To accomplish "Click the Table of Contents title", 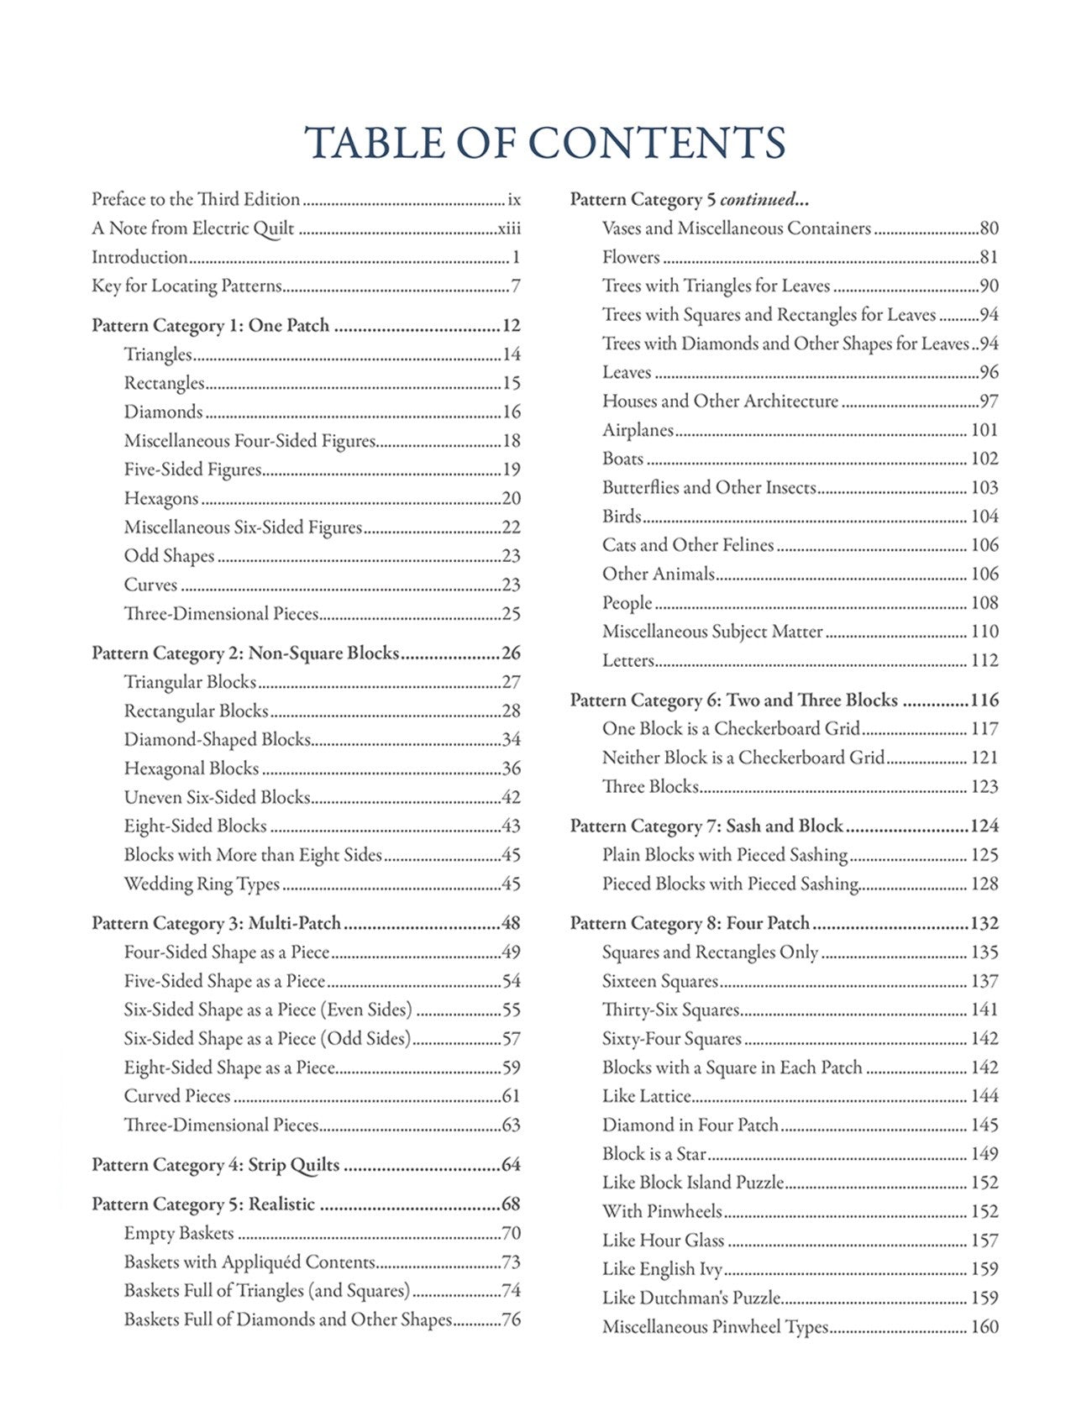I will click(545, 142).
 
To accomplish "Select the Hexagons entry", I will click(161, 498).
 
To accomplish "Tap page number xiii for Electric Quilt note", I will click(509, 228).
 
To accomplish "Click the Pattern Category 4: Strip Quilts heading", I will click(216, 1165).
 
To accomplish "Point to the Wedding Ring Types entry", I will click(202, 884).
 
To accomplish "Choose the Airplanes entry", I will click(638, 430).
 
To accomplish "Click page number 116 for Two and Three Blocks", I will click(984, 700).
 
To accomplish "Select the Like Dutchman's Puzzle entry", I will click(691, 1298).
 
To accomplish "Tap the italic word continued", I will click(759, 200).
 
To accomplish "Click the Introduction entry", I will click(139, 257).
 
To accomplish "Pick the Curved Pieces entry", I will click(177, 1096).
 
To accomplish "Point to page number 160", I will click(984, 1327).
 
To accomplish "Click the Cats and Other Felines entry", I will click(688, 545).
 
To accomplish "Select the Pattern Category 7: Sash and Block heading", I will click(706, 826).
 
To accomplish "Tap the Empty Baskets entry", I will click(179, 1233).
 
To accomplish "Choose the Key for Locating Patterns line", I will click(186, 286).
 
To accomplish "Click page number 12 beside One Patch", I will click(511, 326).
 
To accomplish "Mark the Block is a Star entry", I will click(654, 1154).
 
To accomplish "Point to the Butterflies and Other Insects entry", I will click(709, 487).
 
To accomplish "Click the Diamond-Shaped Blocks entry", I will click(218, 740).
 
